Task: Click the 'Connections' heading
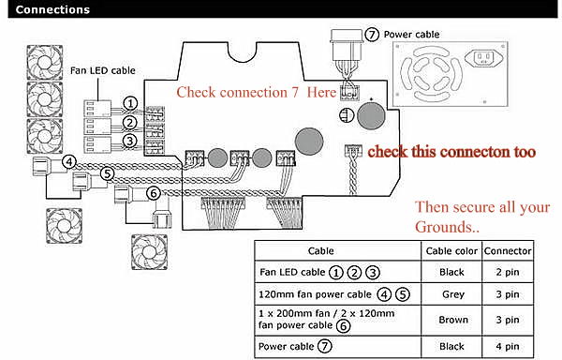point(52,9)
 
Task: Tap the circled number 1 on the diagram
point(130,104)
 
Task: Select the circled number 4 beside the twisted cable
point(69,162)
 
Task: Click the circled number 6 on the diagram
point(154,194)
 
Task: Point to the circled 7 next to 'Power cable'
point(372,35)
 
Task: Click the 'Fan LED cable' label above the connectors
point(103,70)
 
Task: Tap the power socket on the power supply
point(483,58)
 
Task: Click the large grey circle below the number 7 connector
point(371,116)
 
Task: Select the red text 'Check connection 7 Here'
point(257,93)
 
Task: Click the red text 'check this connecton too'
point(451,152)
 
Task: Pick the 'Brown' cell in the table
point(453,320)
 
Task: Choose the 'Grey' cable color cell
point(453,294)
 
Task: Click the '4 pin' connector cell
point(508,346)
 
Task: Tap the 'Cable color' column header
point(451,251)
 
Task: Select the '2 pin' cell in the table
point(508,272)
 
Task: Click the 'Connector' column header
point(508,251)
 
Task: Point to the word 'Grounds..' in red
point(447,227)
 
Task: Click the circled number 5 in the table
point(403,294)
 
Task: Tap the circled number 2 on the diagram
point(130,123)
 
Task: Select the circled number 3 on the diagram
point(130,141)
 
